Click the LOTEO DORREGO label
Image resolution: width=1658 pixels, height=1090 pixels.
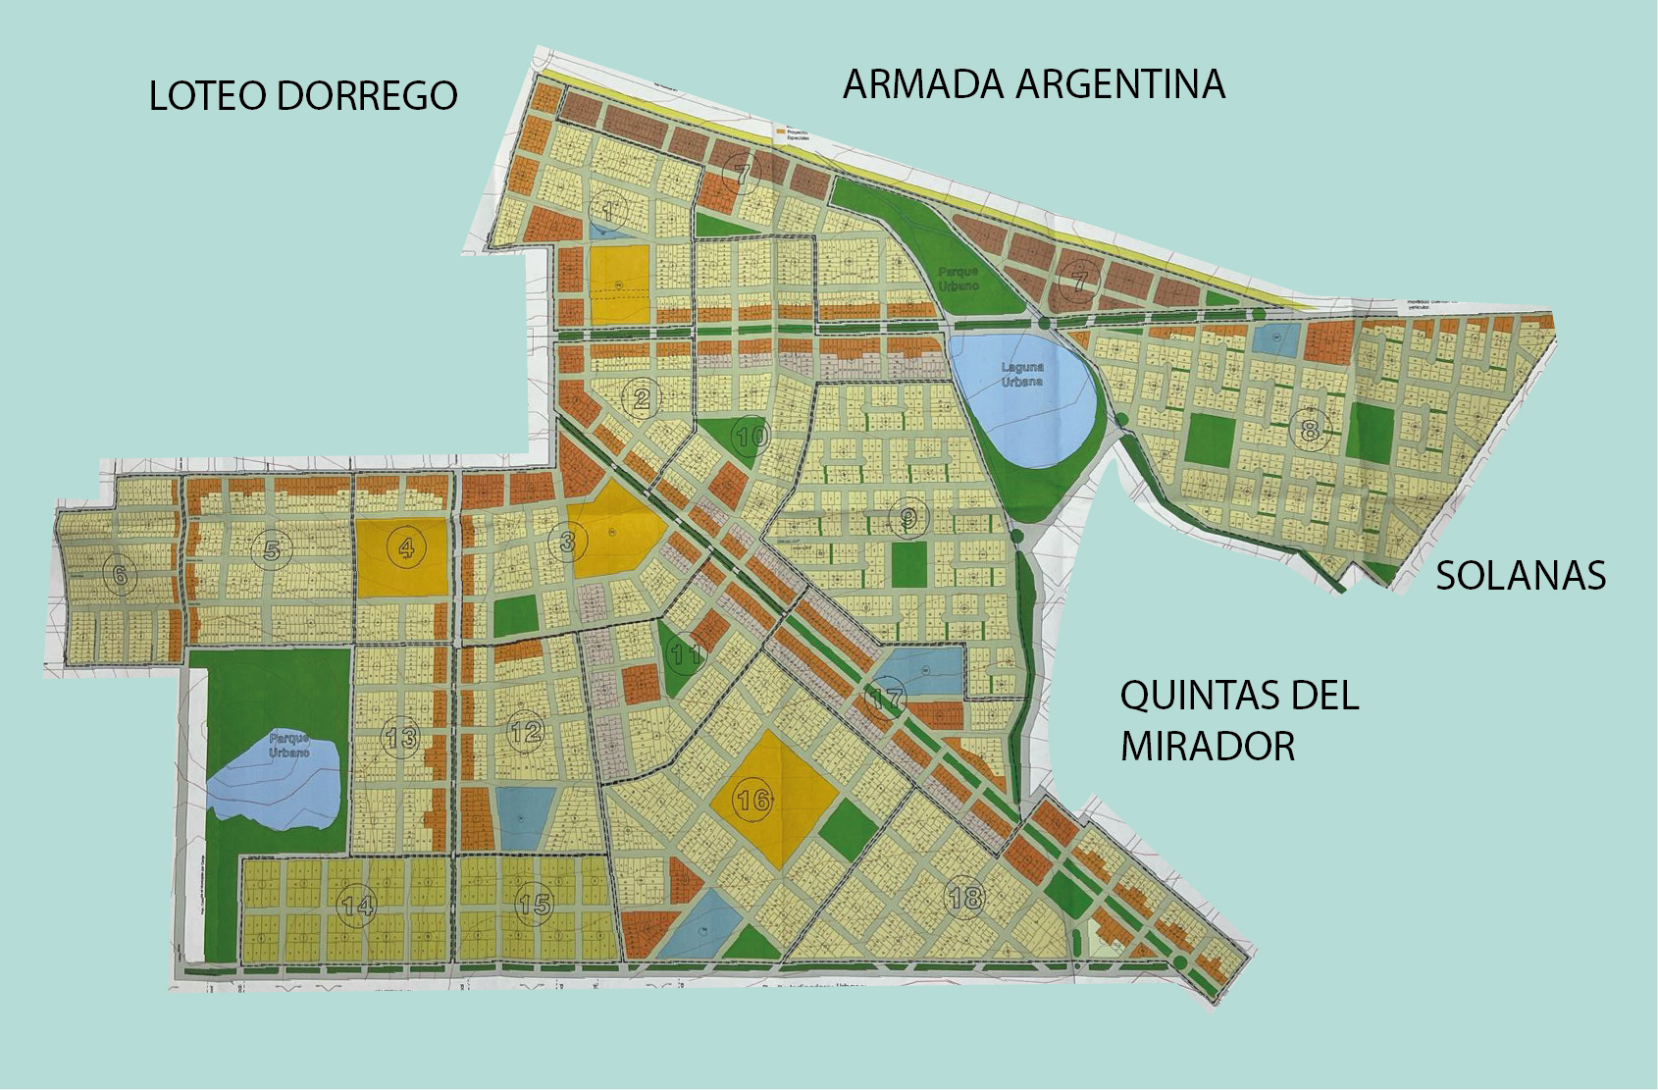[303, 96]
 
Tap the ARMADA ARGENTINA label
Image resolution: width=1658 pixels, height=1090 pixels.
[1034, 84]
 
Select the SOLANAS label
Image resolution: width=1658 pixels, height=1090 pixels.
[1521, 576]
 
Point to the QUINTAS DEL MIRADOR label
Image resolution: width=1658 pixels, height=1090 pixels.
[1239, 720]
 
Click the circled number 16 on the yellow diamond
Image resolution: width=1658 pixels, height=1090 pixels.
[753, 801]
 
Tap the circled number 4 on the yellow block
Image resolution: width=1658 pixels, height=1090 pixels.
[406, 547]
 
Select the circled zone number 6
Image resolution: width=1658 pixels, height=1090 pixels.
[120, 575]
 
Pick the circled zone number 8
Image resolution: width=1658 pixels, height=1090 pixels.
[1309, 429]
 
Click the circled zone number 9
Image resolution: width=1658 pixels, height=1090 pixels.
[908, 517]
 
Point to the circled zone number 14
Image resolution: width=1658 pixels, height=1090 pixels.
[357, 906]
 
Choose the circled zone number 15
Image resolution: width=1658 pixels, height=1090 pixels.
[535, 904]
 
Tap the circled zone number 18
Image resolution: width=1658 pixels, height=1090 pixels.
[965, 897]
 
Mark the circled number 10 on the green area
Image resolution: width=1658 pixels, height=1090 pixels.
[751, 437]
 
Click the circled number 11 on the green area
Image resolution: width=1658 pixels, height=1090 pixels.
[686, 653]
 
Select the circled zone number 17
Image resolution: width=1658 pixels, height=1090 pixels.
[886, 701]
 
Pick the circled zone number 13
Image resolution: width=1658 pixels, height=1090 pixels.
[401, 737]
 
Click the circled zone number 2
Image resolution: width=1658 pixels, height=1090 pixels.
[642, 398]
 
